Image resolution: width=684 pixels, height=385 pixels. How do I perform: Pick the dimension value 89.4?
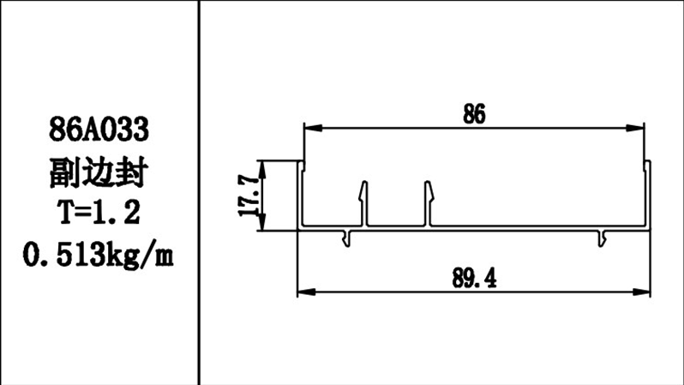[472, 278]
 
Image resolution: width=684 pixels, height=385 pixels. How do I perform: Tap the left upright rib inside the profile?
[364, 204]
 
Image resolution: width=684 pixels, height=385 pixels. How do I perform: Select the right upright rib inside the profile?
[428, 204]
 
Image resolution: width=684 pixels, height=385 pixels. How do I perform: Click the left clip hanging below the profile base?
[347, 238]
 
